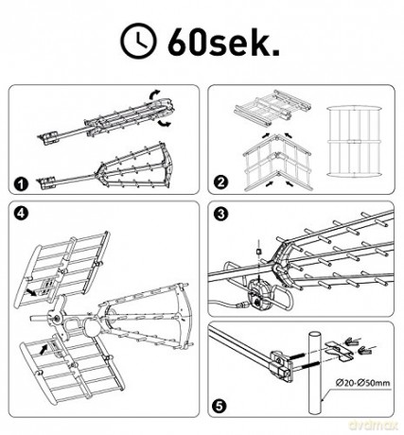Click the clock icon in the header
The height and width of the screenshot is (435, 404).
click(x=139, y=41)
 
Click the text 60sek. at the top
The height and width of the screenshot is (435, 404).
click(x=223, y=43)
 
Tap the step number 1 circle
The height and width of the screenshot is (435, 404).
click(x=22, y=184)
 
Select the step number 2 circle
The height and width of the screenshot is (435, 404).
click(x=220, y=183)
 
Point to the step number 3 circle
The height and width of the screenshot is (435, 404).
click(x=220, y=214)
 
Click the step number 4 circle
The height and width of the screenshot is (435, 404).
click(x=21, y=213)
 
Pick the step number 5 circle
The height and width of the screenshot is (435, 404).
click(x=220, y=406)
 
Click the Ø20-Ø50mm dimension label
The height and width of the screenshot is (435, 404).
click(x=363, y=383)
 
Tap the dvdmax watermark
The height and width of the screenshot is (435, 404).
click(x=373, y=426)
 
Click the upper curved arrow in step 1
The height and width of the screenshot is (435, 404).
click(x=154, y=95)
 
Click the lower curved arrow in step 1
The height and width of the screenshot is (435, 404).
click(x=164, y=123)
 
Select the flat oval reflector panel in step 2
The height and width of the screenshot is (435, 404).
click(x=354, y=142)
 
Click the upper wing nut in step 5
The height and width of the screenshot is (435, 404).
click(x=350, y=340)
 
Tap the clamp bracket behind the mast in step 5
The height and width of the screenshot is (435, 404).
click(x=340, y=351)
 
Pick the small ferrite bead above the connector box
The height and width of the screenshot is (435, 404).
click(x=258, y=252)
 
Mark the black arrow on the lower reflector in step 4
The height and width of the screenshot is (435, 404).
click(x=44, y=348)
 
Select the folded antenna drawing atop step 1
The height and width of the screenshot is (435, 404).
click(x=106, y=121)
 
